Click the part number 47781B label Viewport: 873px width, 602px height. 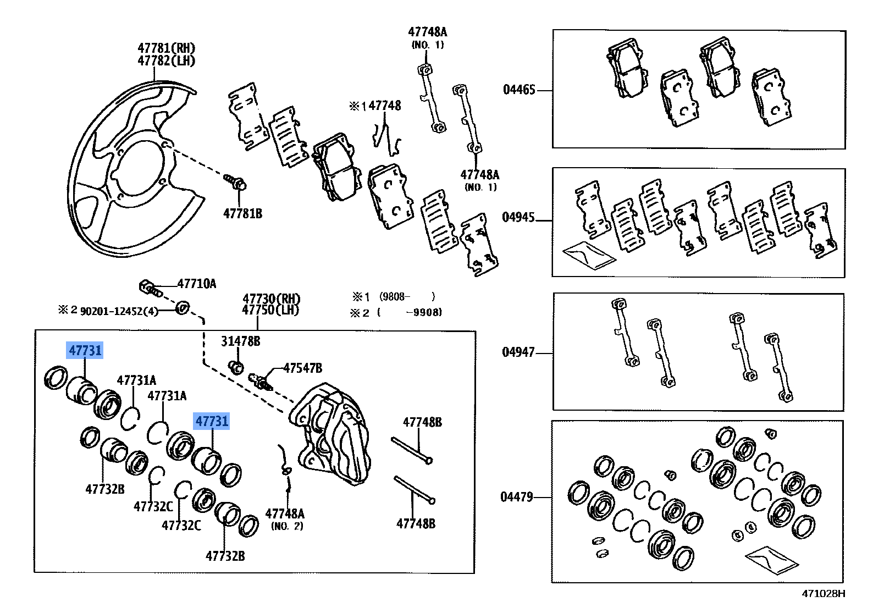click(x=242, y=213)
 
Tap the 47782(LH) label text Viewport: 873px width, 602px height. click(x=166, y=61)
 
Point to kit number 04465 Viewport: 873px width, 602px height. click(x=519, y=90)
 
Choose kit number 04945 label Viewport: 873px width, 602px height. click(x=518, y=217)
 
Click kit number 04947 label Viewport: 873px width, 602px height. click(x=518, y=352)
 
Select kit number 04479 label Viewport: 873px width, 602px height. click(x=517, y=497)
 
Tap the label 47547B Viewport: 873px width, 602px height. click(x=302, y=368)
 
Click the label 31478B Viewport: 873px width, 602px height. click(x=241, y=341)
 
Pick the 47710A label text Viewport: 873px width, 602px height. click(x=196, y=284)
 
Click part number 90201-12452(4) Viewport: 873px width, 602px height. click(x=119, y=311)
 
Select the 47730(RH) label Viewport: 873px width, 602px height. click(x=272, y=299)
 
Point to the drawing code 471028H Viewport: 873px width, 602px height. click(x=823, y=593)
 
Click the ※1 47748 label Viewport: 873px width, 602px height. click(x=376, y=106)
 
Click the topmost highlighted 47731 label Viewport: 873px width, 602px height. click(x=85, y=350)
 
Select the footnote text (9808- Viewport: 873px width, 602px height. click(x=395, y=297)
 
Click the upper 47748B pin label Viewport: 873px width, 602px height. click(x=422, y=422)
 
